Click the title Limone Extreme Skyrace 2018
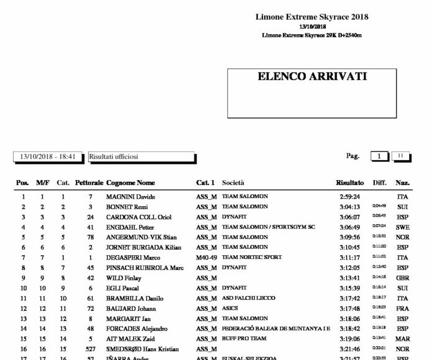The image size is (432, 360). pos(312,17)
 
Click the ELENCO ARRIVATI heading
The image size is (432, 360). pos(312,77)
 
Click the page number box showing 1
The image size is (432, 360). pos(378,157)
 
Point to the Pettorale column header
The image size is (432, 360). pos(89,183)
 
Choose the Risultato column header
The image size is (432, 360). pos(350,183)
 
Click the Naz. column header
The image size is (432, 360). pos(403,183)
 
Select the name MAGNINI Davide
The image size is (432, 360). pos(131,197)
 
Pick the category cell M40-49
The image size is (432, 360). pos(206,258)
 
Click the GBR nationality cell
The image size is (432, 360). pos(403,277)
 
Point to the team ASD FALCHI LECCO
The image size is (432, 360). pos(251,298)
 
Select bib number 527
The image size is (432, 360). pos(91,349)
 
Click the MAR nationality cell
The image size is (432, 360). pos(403,339)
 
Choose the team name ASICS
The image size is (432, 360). pos(230,308)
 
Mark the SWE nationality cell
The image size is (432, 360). pos(403,227)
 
